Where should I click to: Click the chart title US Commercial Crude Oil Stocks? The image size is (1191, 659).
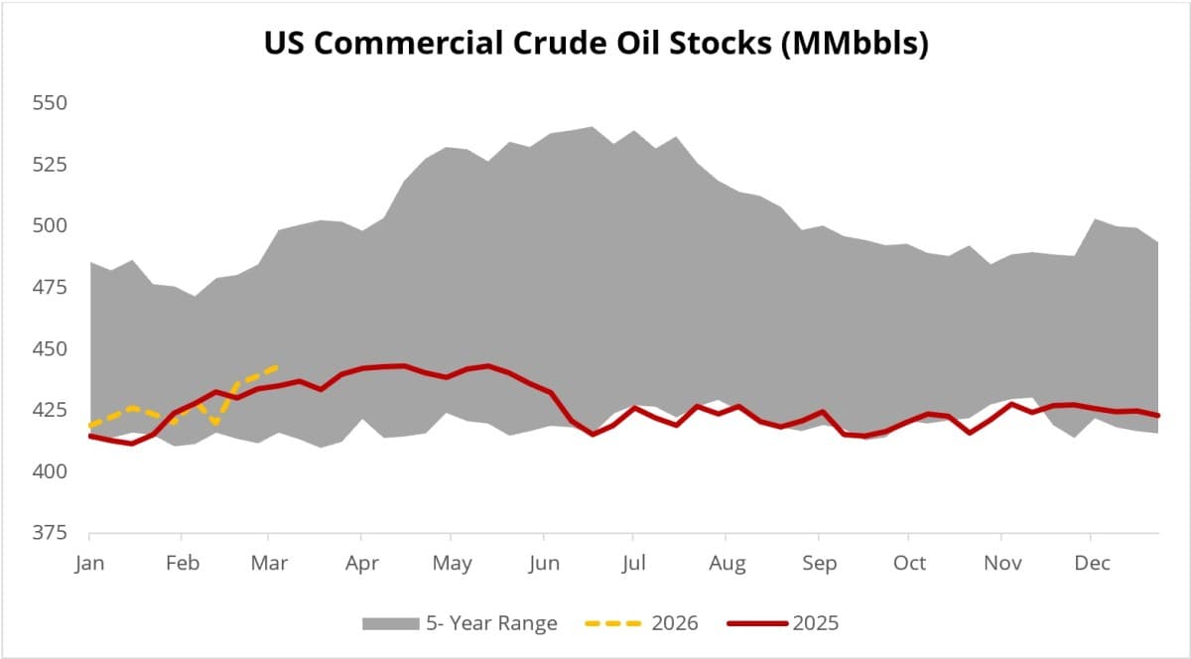pos(595,45)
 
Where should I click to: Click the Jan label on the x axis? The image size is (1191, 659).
pos(89,564)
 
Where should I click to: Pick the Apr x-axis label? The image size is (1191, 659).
pos(361,564)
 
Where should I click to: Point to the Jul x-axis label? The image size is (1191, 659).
pos(633,564)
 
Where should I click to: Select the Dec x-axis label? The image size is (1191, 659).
pos(1092,564)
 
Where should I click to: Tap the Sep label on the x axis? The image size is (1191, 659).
pos(819,564)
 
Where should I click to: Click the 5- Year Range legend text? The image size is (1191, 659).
pos(491,623)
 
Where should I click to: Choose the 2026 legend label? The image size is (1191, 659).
pos(675,623)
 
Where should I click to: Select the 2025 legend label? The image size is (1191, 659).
pos(815,623)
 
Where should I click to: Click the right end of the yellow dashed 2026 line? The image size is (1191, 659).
pos(277,367)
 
